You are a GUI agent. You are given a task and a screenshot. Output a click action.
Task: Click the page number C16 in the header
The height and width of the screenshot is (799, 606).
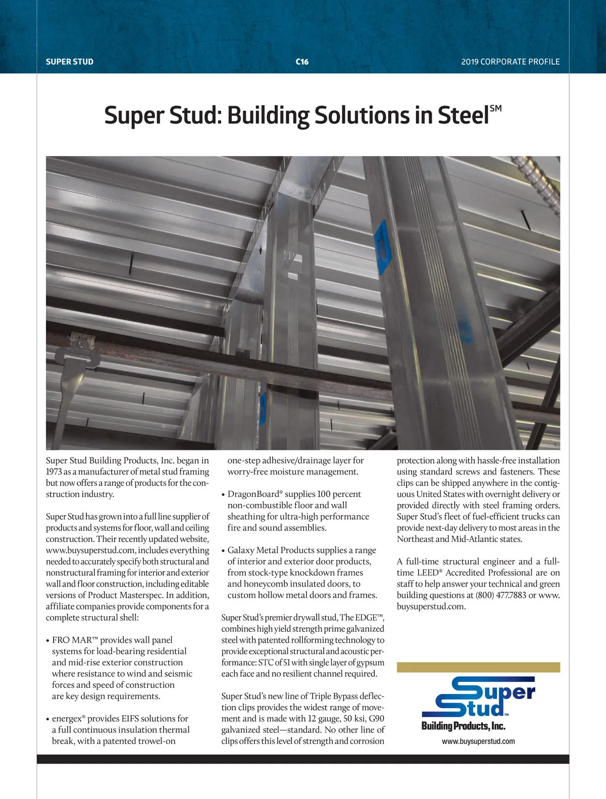pos(302,62)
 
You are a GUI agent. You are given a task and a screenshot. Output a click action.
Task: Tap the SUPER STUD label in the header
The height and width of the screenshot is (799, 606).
pos(70,62)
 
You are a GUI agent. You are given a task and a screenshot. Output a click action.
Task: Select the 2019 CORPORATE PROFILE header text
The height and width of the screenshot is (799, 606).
pos(510,62)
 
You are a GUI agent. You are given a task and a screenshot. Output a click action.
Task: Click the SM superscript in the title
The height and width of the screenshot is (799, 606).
pos(495,108)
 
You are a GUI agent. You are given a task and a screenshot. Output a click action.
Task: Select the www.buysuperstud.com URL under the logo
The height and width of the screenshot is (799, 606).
pos(478,741)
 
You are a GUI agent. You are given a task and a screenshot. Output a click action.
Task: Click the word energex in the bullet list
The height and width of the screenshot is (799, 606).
pos(67,718)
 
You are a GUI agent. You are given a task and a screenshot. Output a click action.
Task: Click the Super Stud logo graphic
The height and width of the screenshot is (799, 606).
pos(478,697)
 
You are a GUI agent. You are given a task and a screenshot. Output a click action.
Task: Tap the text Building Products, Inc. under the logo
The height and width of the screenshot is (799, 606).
pos(463,726)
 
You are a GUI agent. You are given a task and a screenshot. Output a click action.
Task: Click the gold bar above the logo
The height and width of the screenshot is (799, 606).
pos(478,667)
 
